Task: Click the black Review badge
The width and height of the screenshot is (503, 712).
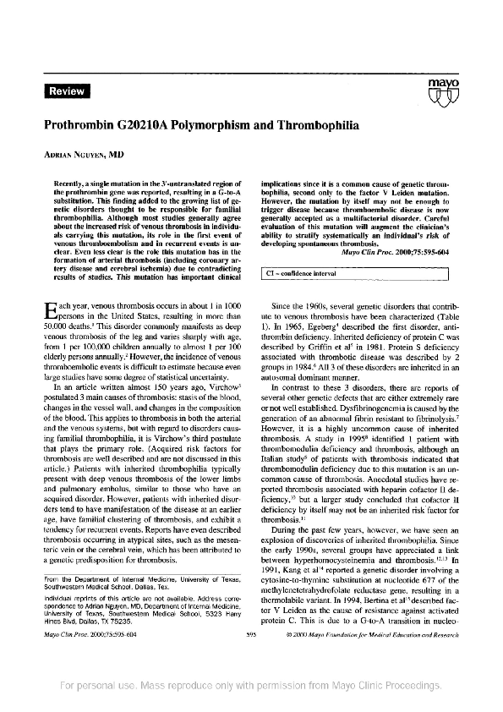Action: pos(66,90)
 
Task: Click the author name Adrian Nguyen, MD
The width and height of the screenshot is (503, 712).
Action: pos(82,156)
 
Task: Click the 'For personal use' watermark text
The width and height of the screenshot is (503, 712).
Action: pos(251,684)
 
